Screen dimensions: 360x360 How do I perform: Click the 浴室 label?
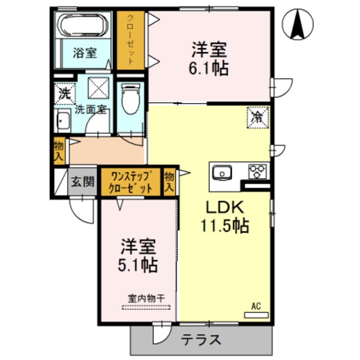coord(85,53)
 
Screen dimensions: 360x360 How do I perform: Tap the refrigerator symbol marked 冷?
coord(258,118)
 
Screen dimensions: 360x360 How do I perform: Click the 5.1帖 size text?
coord(138,264)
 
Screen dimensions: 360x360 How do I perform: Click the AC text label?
coord(256,306)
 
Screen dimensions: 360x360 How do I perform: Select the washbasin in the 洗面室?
coord(63,121)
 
